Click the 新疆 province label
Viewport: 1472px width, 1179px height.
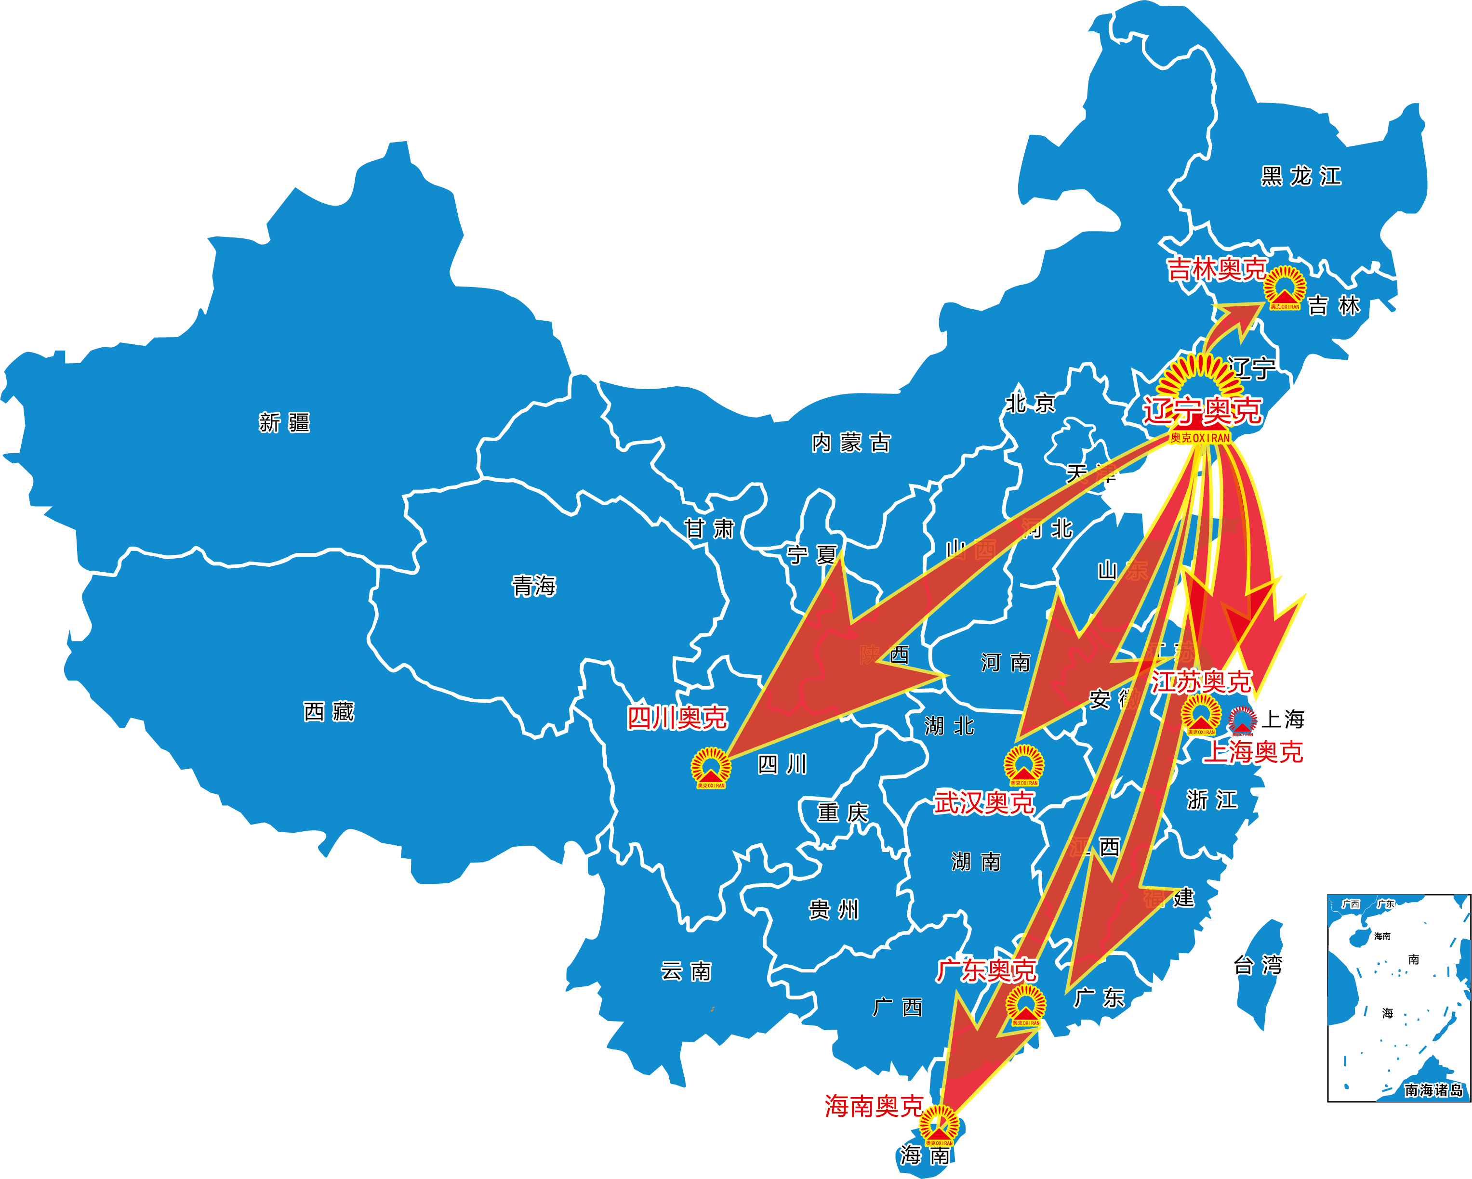(284, 423)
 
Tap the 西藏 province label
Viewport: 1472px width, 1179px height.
(329, 712)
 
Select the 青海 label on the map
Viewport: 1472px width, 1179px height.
(534, 586)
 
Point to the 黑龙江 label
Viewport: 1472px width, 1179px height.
(1300, 176)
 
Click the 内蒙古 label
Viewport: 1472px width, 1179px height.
(851, 443)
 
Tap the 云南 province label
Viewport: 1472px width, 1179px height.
(686, 971)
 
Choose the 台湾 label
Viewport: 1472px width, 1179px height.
(1258, 965)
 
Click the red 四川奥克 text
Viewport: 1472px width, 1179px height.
(676, 718)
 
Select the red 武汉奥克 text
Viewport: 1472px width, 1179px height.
(984, 802)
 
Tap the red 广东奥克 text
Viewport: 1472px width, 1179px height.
(987, 970)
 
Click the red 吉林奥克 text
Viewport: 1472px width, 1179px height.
(1217, 269)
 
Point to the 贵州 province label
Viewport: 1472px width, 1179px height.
(834, 909)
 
